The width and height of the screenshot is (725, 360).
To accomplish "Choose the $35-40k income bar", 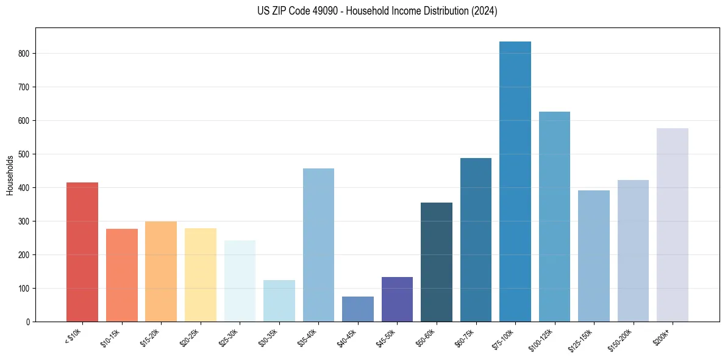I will pos(318,245).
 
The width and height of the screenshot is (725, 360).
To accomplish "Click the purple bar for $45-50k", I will pos(397,299).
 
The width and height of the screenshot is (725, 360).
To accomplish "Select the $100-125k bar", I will pos(554,217).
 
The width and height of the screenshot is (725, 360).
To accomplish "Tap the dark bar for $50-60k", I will pos(437,262).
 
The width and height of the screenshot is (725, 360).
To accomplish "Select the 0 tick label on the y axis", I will pos(28,322).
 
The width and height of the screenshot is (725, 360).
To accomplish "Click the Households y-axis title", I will pos(10,175).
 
